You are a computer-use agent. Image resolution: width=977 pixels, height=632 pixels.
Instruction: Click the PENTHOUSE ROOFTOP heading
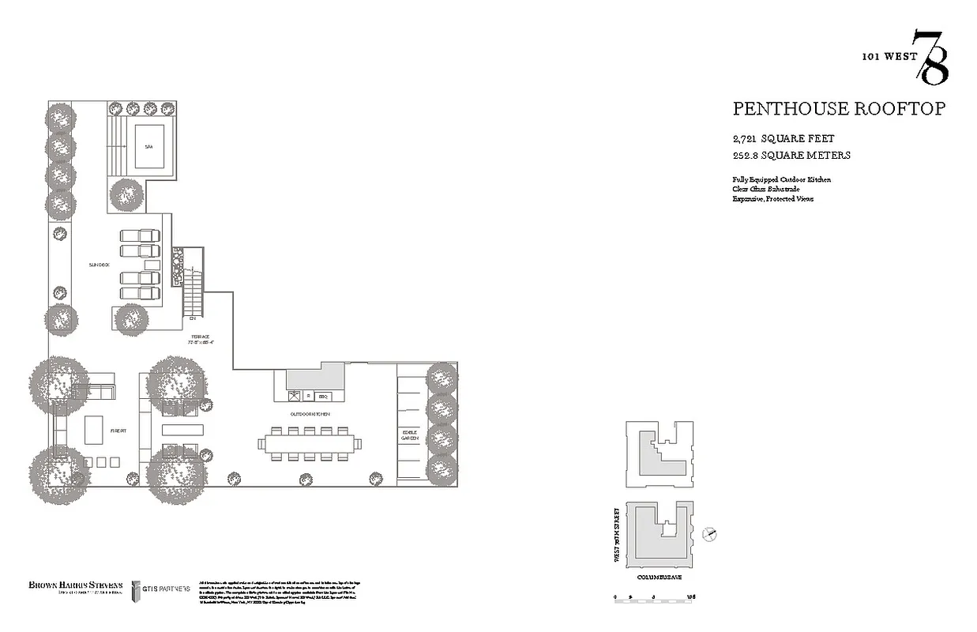click(838, 109)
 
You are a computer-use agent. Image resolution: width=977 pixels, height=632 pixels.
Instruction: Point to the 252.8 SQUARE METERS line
click(791, 156)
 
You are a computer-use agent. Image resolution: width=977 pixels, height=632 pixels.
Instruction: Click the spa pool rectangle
click(148, 146)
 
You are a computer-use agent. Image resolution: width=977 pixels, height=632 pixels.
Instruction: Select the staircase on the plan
click(194, 291)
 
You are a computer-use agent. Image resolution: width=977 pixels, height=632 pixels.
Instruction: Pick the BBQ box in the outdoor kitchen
click(324, 396)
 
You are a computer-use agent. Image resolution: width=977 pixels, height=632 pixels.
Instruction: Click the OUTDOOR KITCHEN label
click(310, 414)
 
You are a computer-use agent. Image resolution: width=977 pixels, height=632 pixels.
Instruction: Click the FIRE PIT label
click(118, 431)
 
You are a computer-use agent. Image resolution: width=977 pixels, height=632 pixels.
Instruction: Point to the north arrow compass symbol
click(711, 535)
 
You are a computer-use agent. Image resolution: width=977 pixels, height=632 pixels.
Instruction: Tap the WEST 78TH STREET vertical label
click(616, 536)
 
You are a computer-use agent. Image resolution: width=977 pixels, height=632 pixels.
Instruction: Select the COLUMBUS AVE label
click(659, 578)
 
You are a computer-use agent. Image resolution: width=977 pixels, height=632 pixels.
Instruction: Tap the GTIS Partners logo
click(161, 589)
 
